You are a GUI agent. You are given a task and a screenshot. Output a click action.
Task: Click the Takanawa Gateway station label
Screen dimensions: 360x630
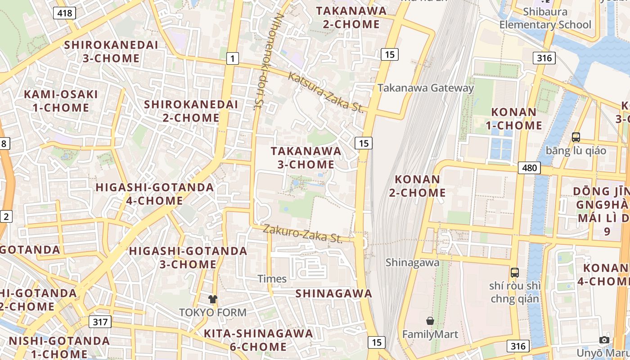point(425,88)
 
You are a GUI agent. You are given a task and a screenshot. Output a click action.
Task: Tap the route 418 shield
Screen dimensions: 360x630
point(64,13)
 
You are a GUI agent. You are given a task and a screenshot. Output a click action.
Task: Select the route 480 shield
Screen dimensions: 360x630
point(529,168)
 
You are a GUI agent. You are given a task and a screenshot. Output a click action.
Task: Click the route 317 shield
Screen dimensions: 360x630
point(100,322)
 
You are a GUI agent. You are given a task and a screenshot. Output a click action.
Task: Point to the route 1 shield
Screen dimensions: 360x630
point(232,58)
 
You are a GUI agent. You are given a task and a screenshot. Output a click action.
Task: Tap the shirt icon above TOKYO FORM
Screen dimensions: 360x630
point(213,299)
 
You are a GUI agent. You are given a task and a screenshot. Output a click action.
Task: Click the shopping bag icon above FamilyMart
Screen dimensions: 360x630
point(430,321)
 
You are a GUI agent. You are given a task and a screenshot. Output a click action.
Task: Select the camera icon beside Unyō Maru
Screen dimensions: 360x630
point(604,340)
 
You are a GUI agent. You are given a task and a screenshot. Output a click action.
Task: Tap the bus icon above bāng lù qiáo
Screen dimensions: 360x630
point(576,137)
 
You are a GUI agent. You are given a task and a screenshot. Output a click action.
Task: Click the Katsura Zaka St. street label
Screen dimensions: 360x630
point(325,92)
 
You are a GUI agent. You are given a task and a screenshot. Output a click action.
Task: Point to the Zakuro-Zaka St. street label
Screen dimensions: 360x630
point(302,233)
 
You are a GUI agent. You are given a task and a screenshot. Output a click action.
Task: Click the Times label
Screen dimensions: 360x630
point(272,279)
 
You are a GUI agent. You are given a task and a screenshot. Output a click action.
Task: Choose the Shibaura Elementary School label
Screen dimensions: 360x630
point(545,18)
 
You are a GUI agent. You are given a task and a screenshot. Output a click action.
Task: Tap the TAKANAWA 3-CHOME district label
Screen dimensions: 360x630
point(306,157)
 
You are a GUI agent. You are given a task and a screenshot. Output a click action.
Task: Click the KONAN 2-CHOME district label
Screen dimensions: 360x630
point(420,186)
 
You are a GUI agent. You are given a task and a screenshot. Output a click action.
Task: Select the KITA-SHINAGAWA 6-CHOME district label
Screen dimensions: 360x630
point(258,340)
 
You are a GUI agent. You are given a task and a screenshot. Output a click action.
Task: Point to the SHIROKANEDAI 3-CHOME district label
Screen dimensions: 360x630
point(111,51)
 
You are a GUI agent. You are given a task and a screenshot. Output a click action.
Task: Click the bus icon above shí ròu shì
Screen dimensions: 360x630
point(515,272)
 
